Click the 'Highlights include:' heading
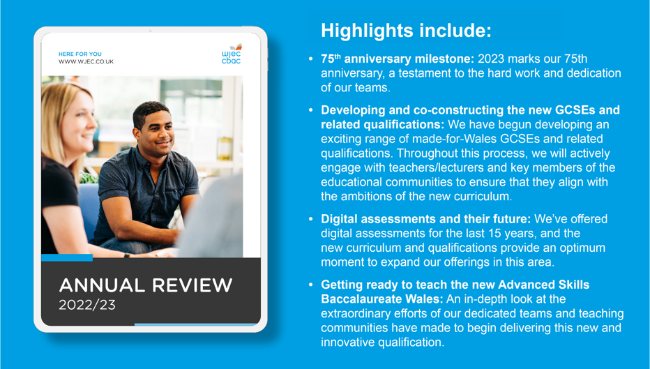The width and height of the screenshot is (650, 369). pyautogui.click(x=406, y=31)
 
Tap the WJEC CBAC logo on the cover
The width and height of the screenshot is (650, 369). pyautogui.click(x=232, y=54)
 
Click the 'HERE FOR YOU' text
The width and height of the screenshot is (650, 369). pyautogui.click(x=80, y=54)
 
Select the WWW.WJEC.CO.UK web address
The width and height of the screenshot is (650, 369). pyautogui.click(x=86, y=61)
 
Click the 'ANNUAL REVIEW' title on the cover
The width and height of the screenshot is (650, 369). pyautogui.click(x=146, y=285)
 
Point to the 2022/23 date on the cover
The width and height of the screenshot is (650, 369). pyautogui.click(x=87, y=305)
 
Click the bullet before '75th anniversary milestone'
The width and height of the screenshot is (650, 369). pyautogui.click(x=311, y=59)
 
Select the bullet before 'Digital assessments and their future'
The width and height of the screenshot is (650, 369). pyautogui.click(x=311, y=219)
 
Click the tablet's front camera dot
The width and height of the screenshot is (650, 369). pyautogui.click(x=150, y=31)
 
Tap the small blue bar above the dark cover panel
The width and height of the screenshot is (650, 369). pyautogui.click(x=67, y=257)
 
